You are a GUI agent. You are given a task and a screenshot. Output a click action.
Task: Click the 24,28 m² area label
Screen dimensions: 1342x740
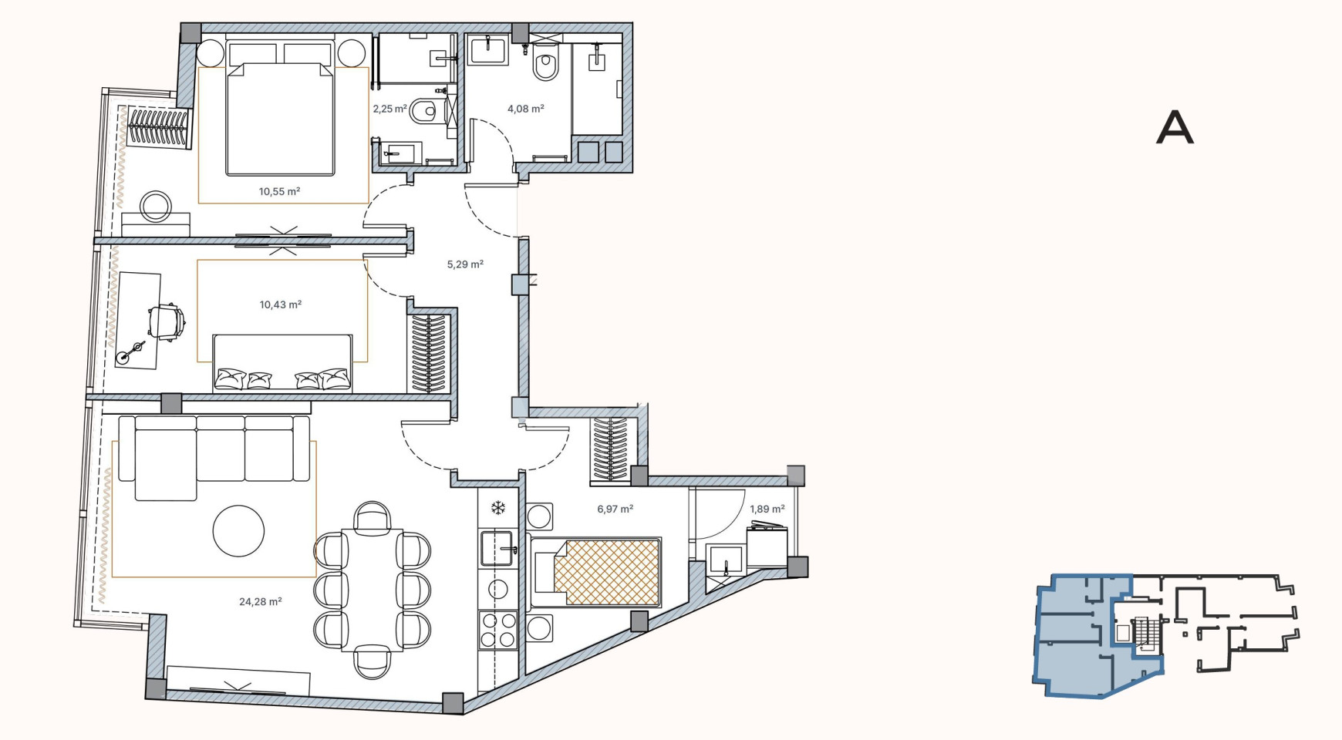pos(260,601)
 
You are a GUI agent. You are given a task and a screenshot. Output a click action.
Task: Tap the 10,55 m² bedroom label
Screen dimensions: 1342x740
pos(279,191)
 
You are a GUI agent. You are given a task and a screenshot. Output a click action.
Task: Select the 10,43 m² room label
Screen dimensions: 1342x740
pos(280,304)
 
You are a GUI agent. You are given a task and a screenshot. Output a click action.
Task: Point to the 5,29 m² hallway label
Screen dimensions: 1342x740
pos(465,264)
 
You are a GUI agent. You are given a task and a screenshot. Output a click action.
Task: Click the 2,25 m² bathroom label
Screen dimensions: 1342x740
pos(389,109)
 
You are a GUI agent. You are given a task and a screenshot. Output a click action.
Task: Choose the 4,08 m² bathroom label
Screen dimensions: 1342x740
pos(525,109)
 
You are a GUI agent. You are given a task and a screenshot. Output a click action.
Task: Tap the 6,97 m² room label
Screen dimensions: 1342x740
pos(615,509)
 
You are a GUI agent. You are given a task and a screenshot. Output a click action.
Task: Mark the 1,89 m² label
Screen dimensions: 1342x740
pos(767,509)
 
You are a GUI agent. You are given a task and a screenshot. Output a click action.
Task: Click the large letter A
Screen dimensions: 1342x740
pos(1175,127)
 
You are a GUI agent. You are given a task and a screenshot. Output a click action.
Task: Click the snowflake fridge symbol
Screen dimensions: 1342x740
pos(498,508)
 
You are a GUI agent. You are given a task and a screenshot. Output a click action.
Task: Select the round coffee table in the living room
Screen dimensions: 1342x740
pos(238,530)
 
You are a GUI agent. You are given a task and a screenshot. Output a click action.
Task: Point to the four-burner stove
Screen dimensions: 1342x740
pos(498,630)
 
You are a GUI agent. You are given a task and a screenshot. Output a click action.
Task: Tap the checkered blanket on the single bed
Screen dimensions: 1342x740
pos(607,572)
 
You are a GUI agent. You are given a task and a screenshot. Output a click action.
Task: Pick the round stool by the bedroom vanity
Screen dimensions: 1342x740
pos(156,206)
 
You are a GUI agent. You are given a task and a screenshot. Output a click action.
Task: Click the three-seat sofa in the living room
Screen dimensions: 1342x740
pos(214,458)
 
